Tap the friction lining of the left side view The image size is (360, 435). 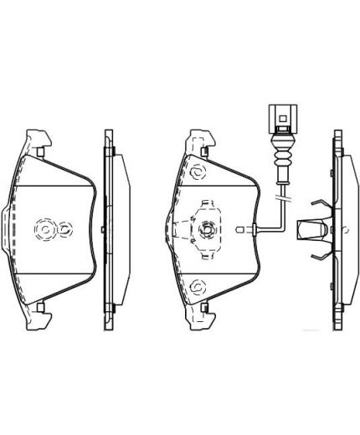point(116,228)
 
